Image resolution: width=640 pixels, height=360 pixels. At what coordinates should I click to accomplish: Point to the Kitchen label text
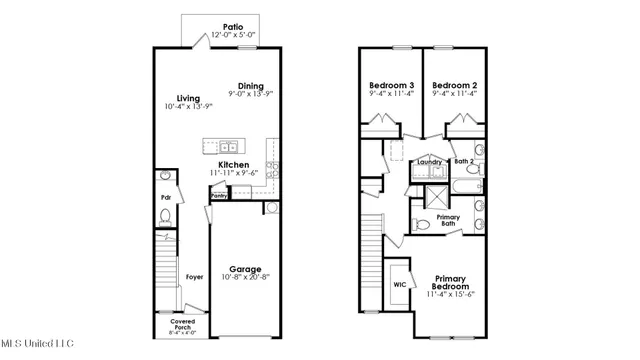click(x=234, y=164)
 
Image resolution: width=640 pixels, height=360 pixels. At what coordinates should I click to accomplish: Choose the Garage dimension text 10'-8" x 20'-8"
click(x=246, y=278)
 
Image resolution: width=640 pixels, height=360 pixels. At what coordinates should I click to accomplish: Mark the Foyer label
click(x=194, y=276)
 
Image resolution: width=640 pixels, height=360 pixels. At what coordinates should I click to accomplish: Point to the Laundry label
click(x=430, y=161)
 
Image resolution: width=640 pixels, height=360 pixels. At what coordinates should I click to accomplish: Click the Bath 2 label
click(x=464, y=160)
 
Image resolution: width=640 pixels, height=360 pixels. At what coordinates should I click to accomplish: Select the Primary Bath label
click(x=448, y=219)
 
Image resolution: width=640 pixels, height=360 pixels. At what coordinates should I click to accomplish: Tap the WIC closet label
click(x=400, y=284)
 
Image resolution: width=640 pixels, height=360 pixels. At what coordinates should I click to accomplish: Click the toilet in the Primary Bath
click(x=422, y=223)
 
